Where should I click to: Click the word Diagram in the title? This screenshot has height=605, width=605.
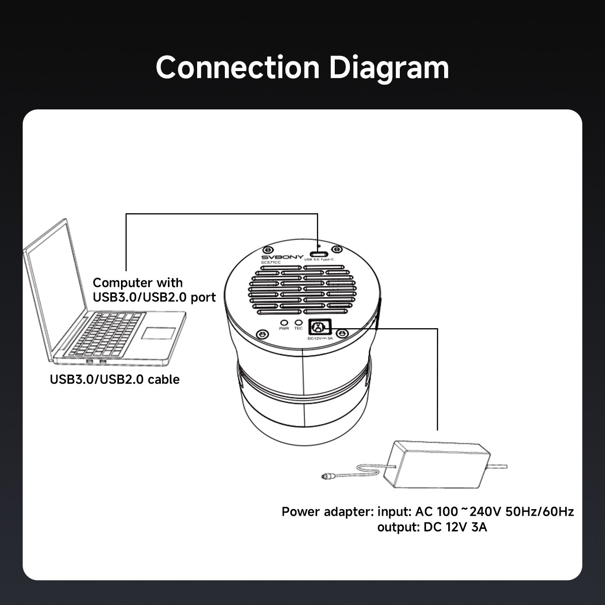(389, 68)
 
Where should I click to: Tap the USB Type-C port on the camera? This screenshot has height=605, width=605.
(318, 253)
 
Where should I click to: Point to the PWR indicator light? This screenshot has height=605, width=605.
(284, 322)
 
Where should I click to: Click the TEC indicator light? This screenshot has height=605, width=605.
(298, 322)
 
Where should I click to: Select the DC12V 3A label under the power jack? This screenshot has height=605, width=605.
(320, 339)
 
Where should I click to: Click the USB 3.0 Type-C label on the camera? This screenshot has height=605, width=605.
(320, 259)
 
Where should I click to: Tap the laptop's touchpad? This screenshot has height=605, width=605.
(158, 333)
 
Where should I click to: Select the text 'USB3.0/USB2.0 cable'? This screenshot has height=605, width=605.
(114, 379)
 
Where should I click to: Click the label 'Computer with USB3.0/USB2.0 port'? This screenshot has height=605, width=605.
(154, 290)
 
